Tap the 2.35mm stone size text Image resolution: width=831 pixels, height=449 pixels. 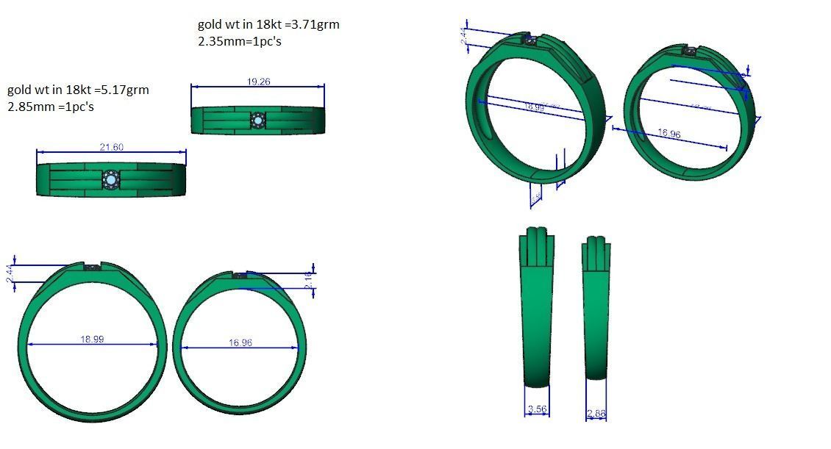[x=215, y=41]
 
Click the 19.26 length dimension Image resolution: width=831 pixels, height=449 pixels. [x=257, y=82]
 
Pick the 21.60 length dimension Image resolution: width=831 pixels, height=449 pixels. [x=111, y=147]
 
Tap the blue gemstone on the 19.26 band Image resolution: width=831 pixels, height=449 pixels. [x=257, y=120]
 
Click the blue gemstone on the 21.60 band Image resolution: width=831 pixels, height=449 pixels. [x=111, y=179]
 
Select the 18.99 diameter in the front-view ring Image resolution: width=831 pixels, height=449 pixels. [x=92, y=339]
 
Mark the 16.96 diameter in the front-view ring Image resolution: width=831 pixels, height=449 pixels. [x=240, y=342]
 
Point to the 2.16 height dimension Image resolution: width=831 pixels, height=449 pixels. [x=309, y=281]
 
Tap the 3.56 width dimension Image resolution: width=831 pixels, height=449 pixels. [x=537, y=409]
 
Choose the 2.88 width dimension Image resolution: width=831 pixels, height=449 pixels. [x=596, y=414]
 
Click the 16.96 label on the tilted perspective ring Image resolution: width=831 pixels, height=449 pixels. [x=669, y=134]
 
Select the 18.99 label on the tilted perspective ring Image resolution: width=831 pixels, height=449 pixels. [x=535, y=107]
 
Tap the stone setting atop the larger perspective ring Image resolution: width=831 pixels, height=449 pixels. [x=531, y=42]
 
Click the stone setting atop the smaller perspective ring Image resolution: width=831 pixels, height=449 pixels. [x=689, y=51]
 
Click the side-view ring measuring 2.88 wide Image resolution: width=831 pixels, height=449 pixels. [x=596, y=309]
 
